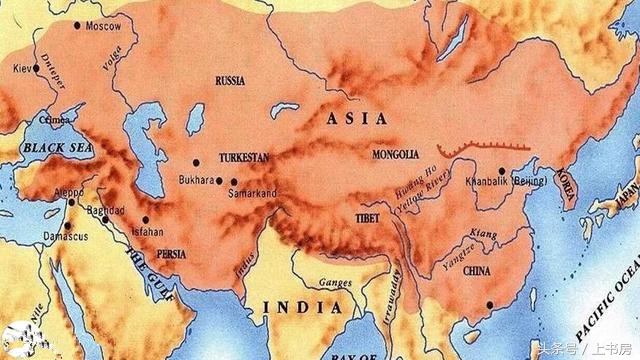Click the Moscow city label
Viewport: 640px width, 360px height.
point(103,25)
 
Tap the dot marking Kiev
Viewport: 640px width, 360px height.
point(35,68)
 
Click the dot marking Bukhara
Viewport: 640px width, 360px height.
point(197,162)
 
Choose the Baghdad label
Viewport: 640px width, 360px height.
point(105,211)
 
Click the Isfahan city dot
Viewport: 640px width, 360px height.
point(146,220)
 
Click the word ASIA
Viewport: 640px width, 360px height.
point(357,119)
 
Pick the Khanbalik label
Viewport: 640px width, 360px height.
point(487,183)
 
